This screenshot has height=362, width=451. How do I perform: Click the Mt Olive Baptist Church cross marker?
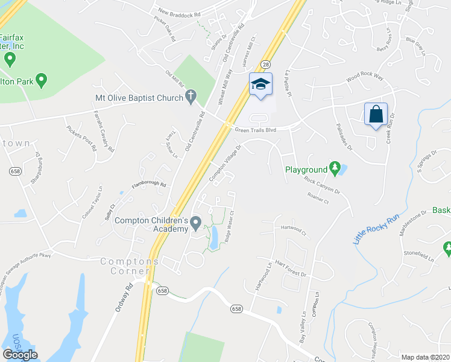191,95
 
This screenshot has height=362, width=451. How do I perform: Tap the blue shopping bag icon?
376,113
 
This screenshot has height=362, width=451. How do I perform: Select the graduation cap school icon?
260,84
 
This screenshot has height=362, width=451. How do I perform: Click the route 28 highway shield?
265,63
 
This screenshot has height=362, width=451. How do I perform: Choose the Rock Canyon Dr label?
322,184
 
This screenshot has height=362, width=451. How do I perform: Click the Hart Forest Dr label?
291,269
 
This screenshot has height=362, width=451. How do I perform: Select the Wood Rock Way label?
364,78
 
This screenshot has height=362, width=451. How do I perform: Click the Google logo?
20,355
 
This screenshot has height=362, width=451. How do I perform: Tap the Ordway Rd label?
119,298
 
